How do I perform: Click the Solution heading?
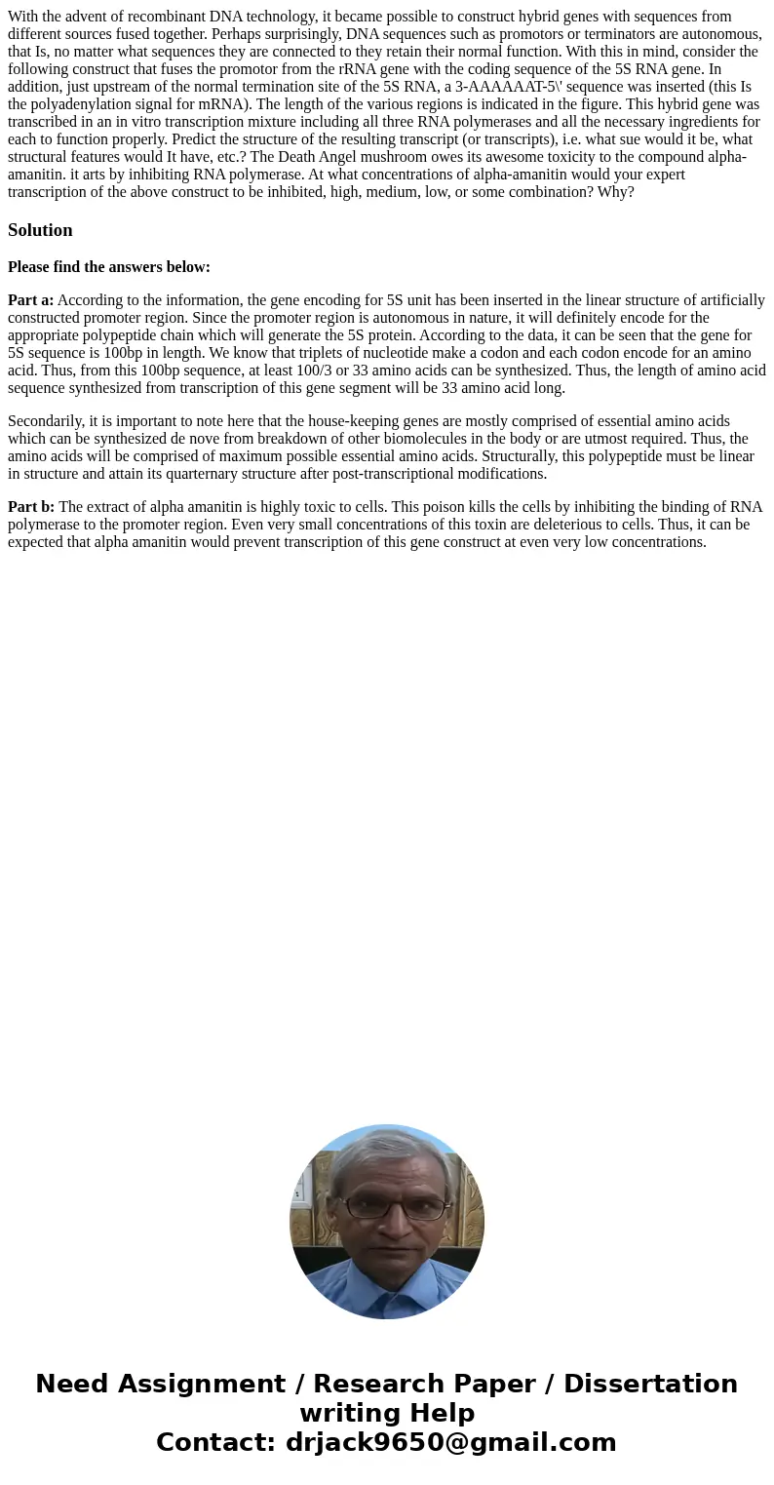tap(40, 230)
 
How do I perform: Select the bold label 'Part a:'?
tap(30, 300)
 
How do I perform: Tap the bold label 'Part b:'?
tap(31, 507)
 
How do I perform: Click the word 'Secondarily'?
tap(45, 421)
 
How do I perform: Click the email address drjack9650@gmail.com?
tap(450, 1442)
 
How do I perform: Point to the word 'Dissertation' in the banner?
tap(650, 1384)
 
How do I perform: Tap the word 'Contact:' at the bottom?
tap(216, 1442)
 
